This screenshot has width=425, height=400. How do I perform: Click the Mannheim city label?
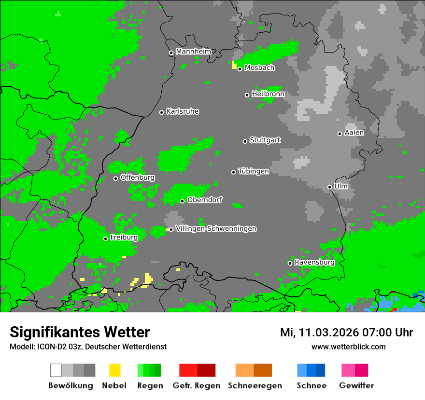tap(193, 52)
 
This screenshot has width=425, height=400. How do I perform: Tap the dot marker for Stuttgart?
tap(245, 141)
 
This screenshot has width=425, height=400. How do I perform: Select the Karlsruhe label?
tap(182, 111)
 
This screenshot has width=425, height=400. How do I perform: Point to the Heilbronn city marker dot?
tap(247, 95)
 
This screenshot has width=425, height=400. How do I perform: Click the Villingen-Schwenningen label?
tap(216, 228)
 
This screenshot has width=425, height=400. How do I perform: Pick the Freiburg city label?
tap(124, 238)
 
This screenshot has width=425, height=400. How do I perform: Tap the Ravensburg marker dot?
tap(290, 263)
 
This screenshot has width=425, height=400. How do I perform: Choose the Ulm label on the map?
tap(340, 186)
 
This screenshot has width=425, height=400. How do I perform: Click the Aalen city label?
tap(354, 133)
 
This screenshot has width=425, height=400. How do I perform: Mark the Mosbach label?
tap(259, 68)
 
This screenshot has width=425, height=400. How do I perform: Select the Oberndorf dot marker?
tap(182, 201)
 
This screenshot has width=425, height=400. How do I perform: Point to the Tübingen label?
tap(254, 171)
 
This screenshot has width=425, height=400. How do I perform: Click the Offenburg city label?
tap(137, 177)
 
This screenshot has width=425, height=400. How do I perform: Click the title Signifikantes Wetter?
tap(80, 332)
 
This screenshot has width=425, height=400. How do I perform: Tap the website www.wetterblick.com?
tap(348, 347)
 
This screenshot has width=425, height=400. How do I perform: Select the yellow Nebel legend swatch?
tap(114, 370)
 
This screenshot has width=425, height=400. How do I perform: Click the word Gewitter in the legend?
tap(356, 386)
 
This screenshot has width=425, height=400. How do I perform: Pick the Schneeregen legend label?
tap(255, 386)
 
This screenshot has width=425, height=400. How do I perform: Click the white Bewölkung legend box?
tap(56, 370)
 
